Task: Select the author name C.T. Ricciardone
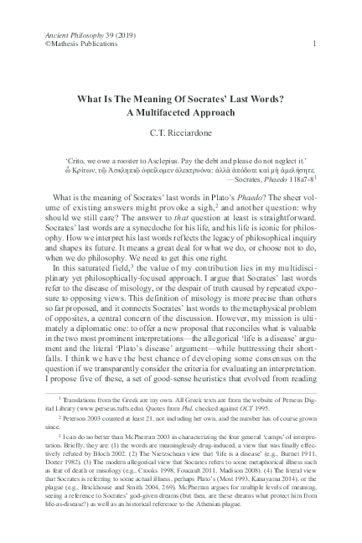[179, 137]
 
